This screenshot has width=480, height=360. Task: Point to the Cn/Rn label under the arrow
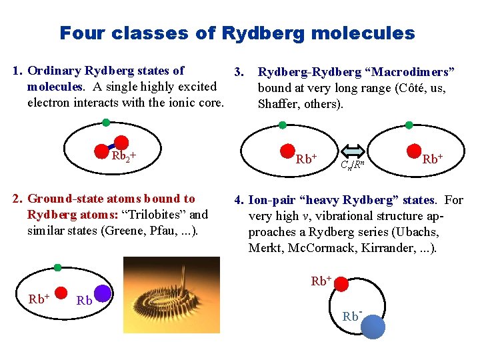pos(351,165)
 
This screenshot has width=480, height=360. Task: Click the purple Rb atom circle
pos(103,294)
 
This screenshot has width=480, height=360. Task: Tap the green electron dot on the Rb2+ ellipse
pos(106,123)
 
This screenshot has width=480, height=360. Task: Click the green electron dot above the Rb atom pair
pos(57,267)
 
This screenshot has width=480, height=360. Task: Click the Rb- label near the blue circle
pos(352,316)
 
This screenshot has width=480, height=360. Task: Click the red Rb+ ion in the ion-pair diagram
pos(341,284)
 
